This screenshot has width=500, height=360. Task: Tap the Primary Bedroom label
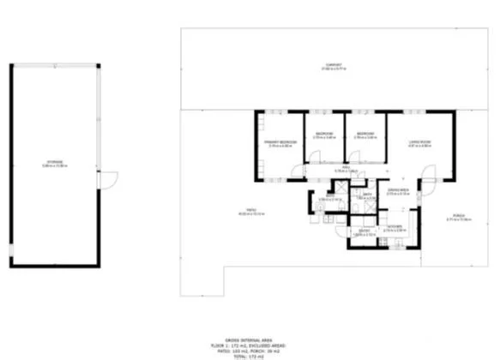pos(280,141)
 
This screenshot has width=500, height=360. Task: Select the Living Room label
pos(419,141)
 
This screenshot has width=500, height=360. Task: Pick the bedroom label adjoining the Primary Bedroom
pos(323,134)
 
